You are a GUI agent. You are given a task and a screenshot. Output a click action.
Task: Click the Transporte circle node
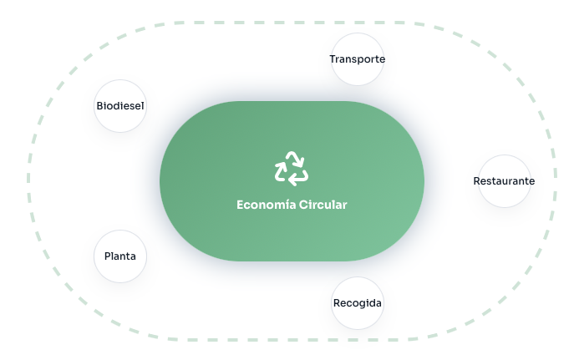pos(358,59)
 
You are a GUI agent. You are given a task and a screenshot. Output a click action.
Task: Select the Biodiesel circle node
pos(120,106)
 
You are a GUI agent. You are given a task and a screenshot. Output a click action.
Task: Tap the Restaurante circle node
pos(504,180)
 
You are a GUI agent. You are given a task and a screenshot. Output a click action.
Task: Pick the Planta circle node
pos(120,256)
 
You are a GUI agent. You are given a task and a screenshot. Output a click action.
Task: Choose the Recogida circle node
pos(358,302)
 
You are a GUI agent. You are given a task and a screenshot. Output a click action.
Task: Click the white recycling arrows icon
pos(292,168)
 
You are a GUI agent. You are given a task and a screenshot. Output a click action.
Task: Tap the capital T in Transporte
pos(333,59)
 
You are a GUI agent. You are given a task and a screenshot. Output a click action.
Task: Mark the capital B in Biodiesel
pos(99,106)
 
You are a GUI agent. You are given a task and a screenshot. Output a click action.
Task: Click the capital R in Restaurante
pos(477,180)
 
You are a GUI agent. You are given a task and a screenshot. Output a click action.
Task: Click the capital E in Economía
pos(241,205)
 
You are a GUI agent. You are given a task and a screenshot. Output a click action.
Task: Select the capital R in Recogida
pos(336,302)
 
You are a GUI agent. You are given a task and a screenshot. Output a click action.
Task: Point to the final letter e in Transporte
pos(382,60)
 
